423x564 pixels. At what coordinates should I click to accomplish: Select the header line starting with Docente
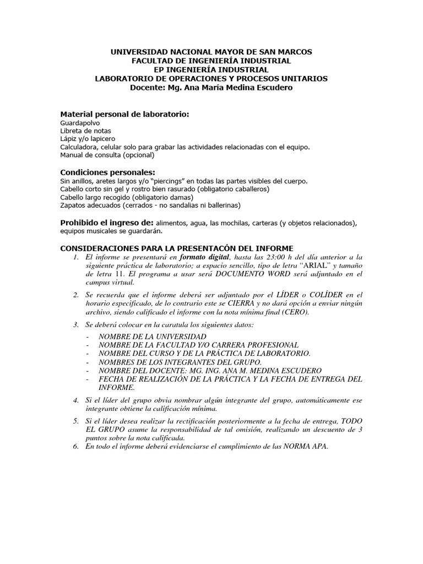(x=211, y=87)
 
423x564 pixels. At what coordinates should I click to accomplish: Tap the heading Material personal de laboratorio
(x=124, y=114)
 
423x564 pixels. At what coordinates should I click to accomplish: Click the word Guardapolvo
(x=80, y=123)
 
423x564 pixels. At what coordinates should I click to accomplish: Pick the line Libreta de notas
(x=85, y=131)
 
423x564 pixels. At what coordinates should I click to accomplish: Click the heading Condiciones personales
(x=107, y=172)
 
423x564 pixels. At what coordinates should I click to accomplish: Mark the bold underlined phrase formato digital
(x=205, y=257)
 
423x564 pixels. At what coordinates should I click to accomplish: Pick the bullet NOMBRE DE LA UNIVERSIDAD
(x=153, y=337)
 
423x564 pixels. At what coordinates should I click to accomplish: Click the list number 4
(x=75, y=399)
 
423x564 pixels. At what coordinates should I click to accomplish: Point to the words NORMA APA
(x=305, y=446)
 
